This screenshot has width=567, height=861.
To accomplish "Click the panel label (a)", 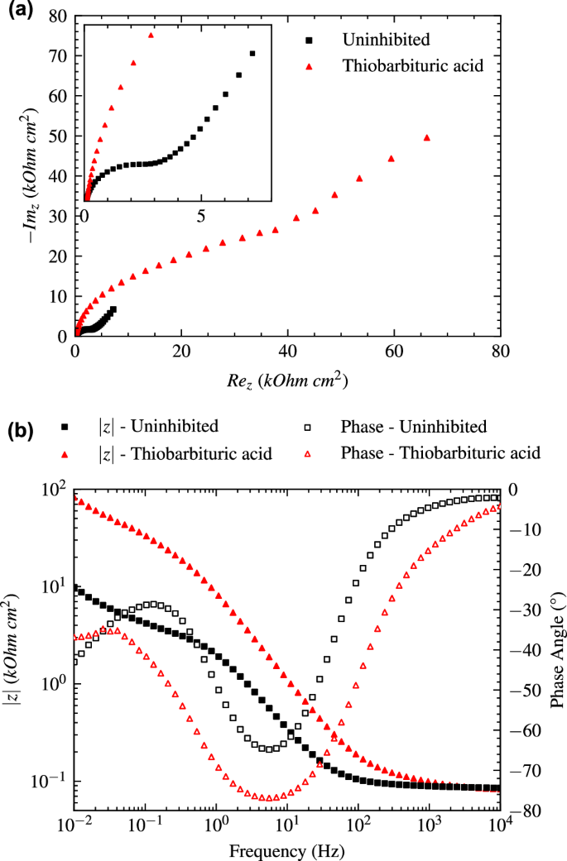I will [x=20, y=11].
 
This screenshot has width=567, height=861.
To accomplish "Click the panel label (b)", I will [x=20, y=431].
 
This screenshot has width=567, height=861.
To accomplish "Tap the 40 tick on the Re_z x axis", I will [x=287, y=351].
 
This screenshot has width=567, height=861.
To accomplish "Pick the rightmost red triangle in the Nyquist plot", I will [x=427, y=137].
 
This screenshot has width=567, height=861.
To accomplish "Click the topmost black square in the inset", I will [x=252, y=54].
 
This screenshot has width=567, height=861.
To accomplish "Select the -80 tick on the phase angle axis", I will [x=527, y=811].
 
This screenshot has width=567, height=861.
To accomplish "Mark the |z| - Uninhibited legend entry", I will [x=157, y=427].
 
